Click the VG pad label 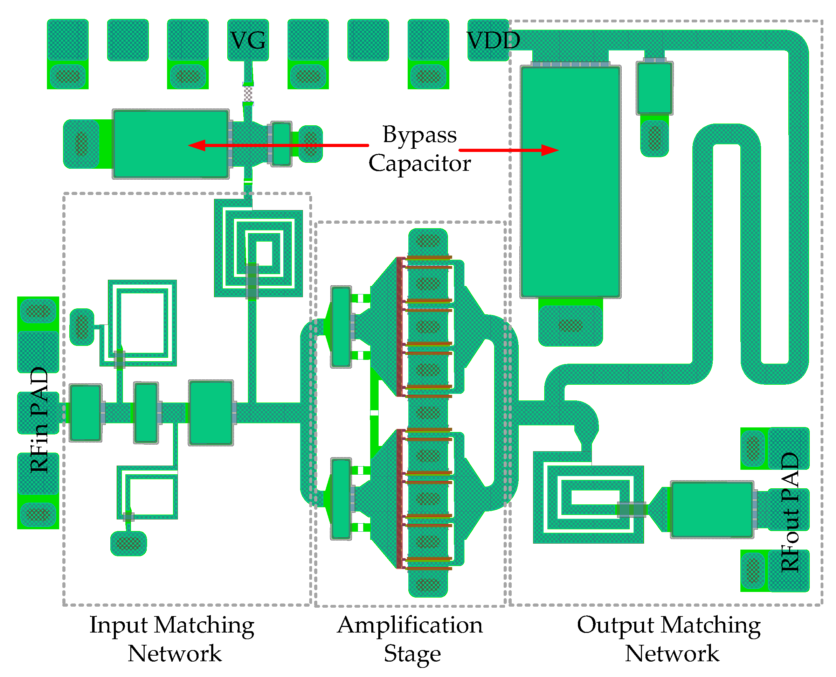[x=248, y=40]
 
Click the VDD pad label [x=493, y=40]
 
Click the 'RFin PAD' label [x=39, y=420]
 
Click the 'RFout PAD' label [x=790, y=512]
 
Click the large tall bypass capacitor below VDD [x=570, y=182]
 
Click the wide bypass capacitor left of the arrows [x=171, y=144]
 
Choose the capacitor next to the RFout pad [x=712, y=510]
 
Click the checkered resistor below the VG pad [x=248, y=94]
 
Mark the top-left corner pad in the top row [x=68, y=40]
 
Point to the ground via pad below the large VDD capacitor [x=570, y=326]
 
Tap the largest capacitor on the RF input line [x=210, y=413]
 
